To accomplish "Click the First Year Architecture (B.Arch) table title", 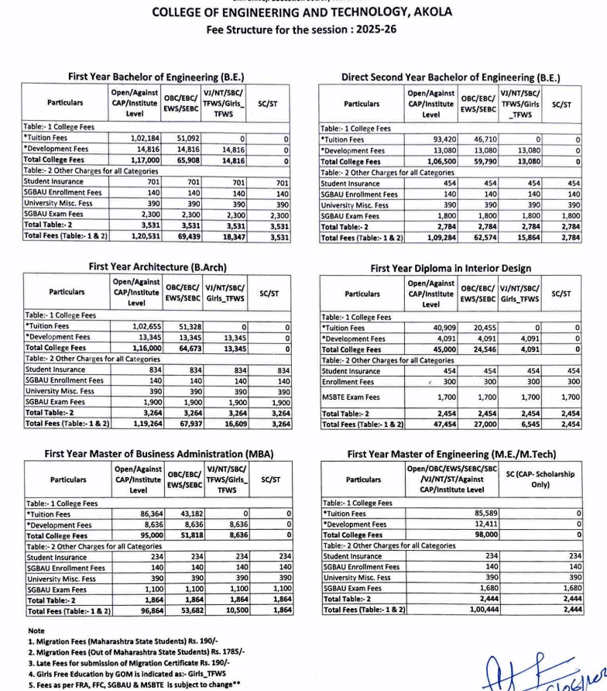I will pos(158,267).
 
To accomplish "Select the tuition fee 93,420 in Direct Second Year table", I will pos(439,139).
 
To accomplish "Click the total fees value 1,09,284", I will pos(437,237).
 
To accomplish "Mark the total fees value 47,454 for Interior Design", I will pos(437,425).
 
